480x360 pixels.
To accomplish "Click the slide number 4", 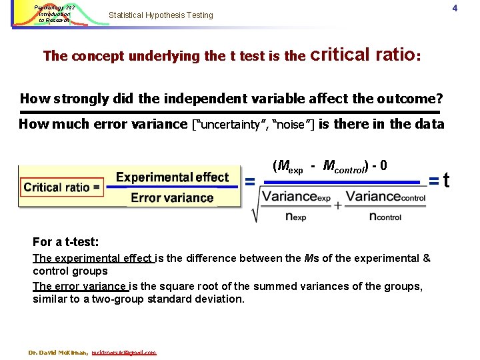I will tap(472, 8).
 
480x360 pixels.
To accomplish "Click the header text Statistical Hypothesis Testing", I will tap(161, 15).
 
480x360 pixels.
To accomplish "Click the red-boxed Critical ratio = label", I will tap(62, 187).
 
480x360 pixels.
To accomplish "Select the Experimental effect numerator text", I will tap(172, 177).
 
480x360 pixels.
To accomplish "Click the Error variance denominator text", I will tap(172, 197).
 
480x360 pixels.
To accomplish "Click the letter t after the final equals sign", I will tap(446, 180).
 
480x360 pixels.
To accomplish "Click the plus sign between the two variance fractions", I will tap(337, 205).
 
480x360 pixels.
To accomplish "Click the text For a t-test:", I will tap(65, 242).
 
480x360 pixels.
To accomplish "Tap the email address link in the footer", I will tap(124, 352).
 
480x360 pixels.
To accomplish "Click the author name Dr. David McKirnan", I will tap(58, 352).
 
